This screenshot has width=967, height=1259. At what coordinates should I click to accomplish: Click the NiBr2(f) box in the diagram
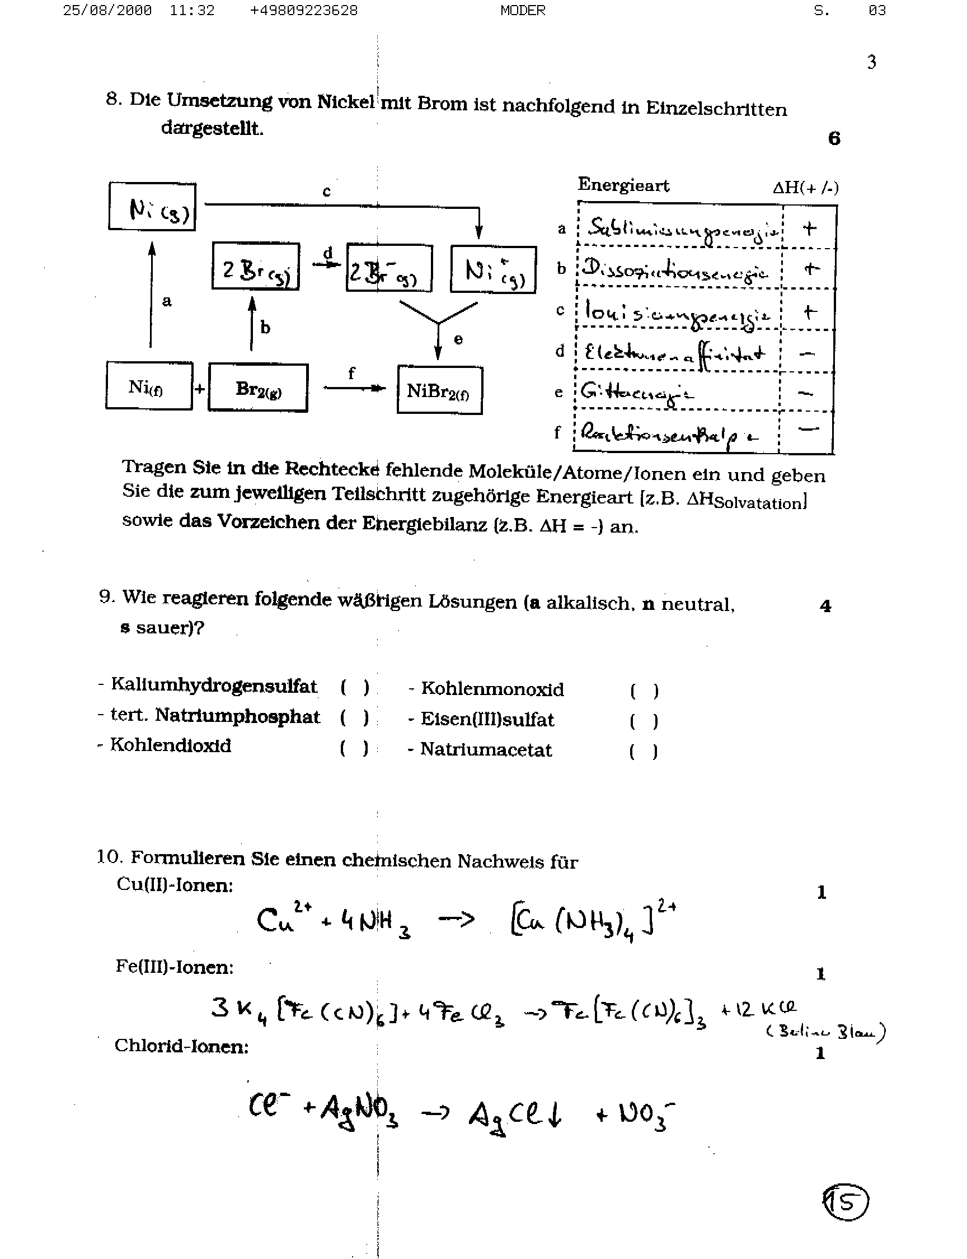click(x=439, y=390)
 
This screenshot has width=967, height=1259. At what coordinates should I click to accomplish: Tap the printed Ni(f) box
click(x=148, y=386)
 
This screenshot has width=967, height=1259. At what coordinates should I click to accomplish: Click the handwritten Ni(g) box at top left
click(x=153, y=207)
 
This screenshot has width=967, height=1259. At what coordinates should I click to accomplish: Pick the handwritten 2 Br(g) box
click(x=256, y=267)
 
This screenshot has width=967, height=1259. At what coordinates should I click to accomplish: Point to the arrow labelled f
click(x=354, y=388)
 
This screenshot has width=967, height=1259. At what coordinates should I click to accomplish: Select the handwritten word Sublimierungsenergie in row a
click(x=682, y=229)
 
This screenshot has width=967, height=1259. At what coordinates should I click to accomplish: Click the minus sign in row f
click(x=809, y=428)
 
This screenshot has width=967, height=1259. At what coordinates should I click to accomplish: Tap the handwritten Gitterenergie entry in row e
click(x=636, y=393)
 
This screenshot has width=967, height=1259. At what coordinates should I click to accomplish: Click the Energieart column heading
click(x=623, y=185)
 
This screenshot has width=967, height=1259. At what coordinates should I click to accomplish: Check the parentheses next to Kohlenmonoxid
click(x=644, y=691)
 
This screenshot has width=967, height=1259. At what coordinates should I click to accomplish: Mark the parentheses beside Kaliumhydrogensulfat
click(x=355, y=687)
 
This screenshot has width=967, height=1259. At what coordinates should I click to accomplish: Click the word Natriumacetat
click(x=486, y=749)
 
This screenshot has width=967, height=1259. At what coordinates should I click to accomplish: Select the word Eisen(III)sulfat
click(x=487, y=719)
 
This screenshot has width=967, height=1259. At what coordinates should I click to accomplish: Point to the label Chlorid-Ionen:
click(x=181, y=1045)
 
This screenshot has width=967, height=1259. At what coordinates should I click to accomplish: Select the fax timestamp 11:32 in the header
click(x=192, y=11)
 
